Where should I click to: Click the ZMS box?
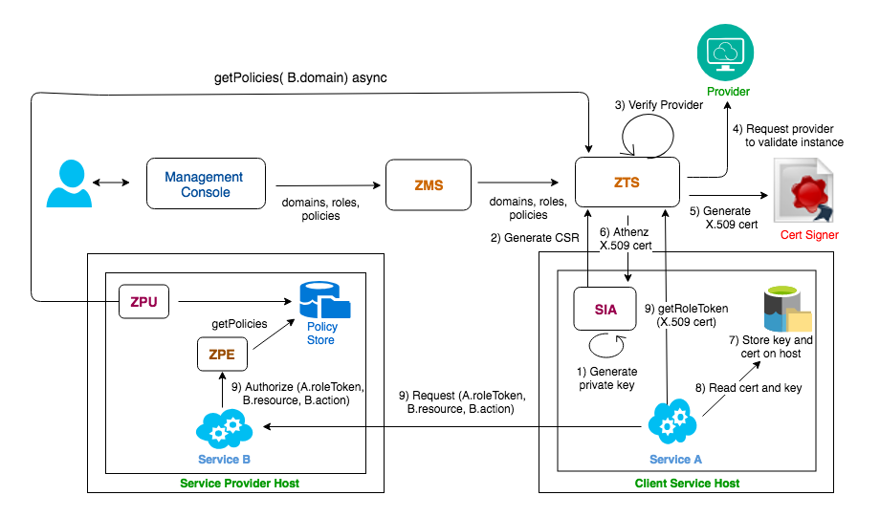pyautogui.click(x=429, y=185)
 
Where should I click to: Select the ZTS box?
pyautogui.click(x=627, y=183)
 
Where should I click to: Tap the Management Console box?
pyautogui.click(x=206, y=183)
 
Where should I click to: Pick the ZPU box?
pyautogui.click(x=143, y=302)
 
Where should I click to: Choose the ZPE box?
pyautogui.click(x=222, y=354)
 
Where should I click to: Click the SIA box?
pyautogui.click(x=605, y=309)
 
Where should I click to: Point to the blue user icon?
pyautogui.click(x=69, y=183)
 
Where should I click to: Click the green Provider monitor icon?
pyautogui.click(x=725, y=53)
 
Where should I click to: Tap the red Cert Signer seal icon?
pyautogui.click(x=803, y=191)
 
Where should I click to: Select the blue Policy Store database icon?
pyautogui.click(x=324, y=301)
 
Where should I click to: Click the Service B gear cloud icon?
pyautogui.click(x=224, y=428)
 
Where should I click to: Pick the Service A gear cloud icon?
pyautogui.click(x=672, y=421)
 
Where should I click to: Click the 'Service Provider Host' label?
pyautogui.click(x=240, y=484)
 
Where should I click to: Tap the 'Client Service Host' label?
pyautogui.click(x=687, y=484)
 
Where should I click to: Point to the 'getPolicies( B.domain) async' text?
pyautogui.click(x=300, y=78)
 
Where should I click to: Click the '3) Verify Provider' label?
pyautogui.click(x=659, y=105)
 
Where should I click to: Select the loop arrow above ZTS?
pyautogui.click(x=648, y=136)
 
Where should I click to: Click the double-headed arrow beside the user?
pyautogui.click(x=111, y=183)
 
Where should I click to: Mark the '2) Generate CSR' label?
pyautogui.click(x=535, y=238)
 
